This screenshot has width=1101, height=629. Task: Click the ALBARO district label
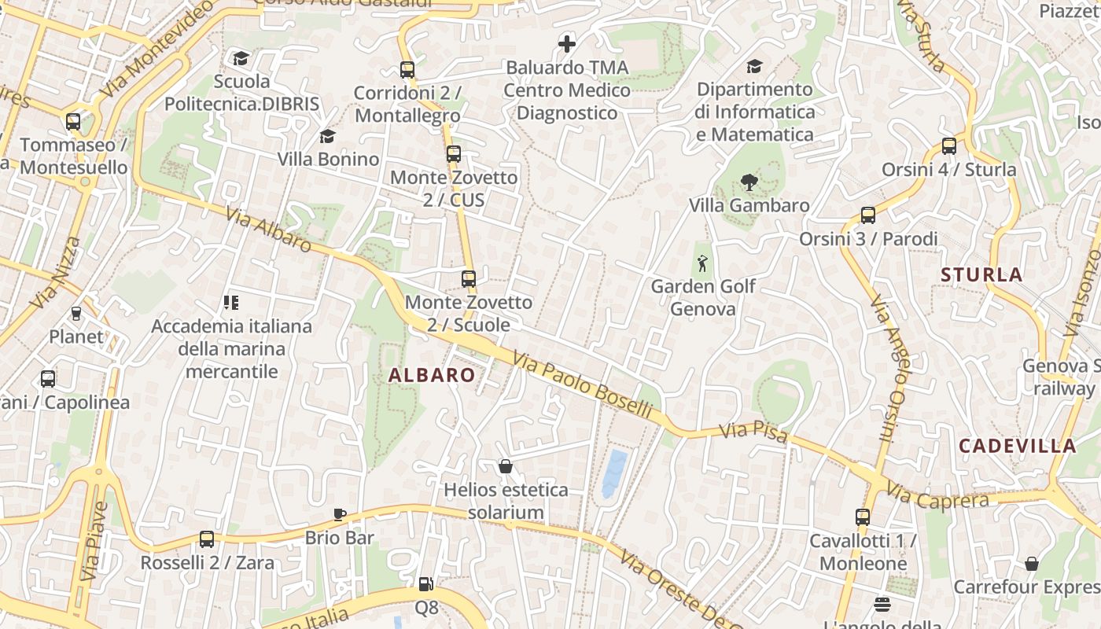432,375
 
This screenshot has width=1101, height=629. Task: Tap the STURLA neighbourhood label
981,274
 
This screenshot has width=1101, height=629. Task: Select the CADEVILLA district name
1017,446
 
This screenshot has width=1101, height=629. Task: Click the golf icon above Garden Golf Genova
703,263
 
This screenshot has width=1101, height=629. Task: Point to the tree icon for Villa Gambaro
749,182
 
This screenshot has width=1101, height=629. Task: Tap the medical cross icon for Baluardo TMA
566,44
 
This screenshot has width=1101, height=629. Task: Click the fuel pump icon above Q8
425,584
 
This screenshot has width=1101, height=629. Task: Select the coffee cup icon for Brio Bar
340,514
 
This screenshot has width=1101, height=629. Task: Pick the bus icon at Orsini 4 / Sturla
949,146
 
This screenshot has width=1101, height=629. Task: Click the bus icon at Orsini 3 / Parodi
868,215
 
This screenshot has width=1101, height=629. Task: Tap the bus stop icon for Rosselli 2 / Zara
207,539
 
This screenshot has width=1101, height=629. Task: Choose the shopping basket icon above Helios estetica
506,467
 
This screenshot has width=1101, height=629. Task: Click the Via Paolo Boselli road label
582,385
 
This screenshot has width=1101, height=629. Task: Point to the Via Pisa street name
753,432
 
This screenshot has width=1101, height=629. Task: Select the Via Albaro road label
268,230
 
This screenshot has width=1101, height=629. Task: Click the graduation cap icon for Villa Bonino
327,137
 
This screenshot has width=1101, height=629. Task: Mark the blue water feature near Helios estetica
615,473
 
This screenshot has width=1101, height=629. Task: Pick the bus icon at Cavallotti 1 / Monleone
863,517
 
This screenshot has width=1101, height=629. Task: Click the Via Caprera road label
937,497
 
